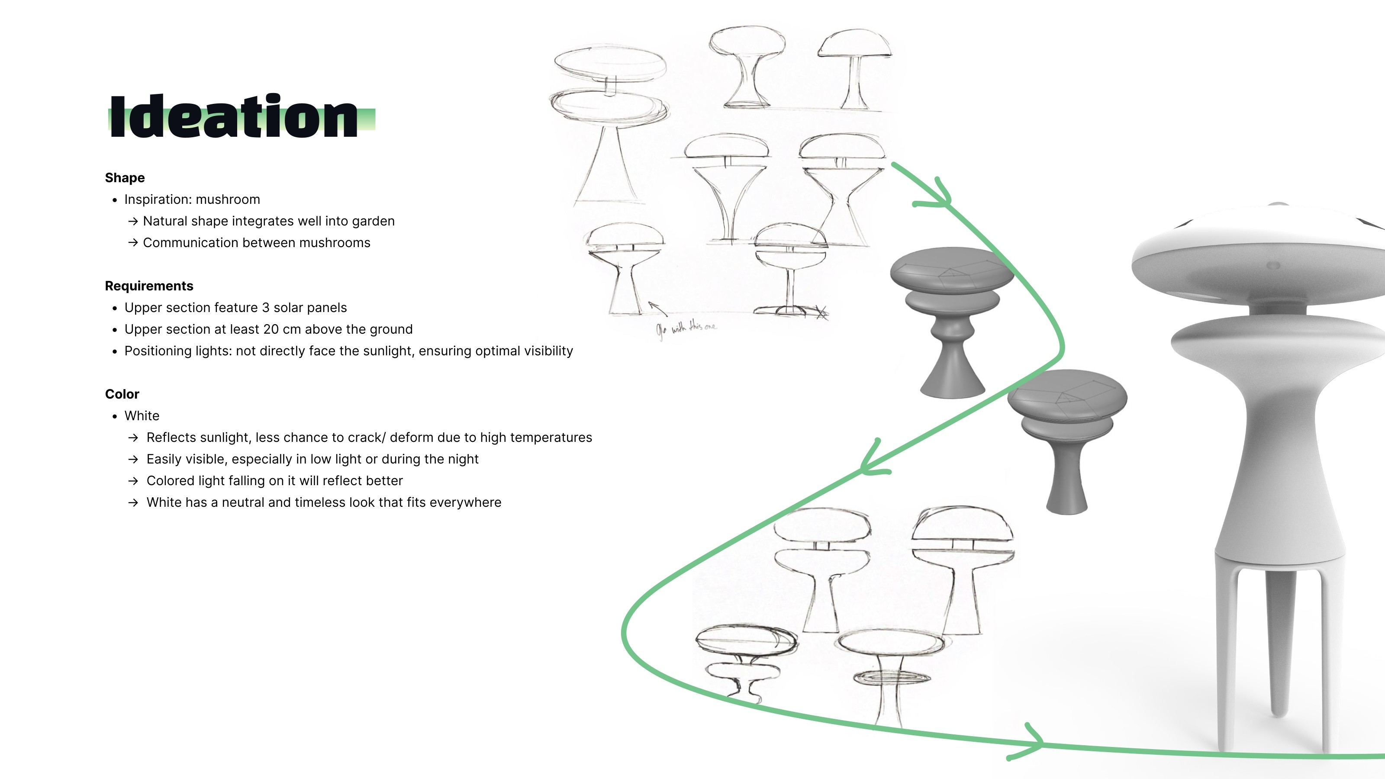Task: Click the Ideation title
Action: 234,116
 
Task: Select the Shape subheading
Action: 125,178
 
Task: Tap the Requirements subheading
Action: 149,286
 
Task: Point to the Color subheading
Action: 122,394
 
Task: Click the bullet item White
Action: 142,415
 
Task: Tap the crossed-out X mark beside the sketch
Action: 821,312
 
